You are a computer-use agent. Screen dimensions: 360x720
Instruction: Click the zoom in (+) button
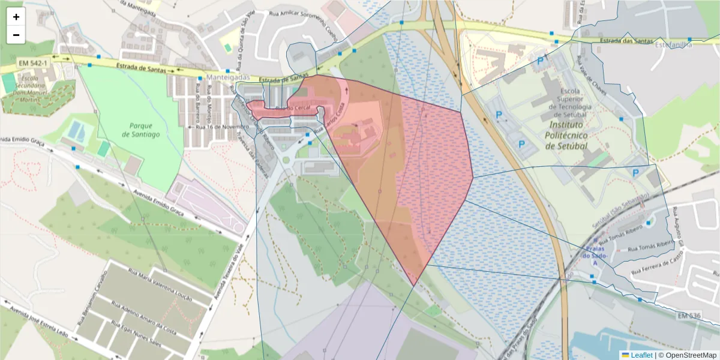(x=16, y=17)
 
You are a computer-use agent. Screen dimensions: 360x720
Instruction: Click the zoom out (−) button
(x=16, y=35)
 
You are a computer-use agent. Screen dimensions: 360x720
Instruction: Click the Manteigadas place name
(x=227, y=78)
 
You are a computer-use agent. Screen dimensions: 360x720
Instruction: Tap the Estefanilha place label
(x=673, y=44)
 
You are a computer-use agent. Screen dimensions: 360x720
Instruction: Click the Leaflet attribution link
(x=641, y=355)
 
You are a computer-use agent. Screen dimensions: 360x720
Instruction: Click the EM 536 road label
(x=689, y=316)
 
